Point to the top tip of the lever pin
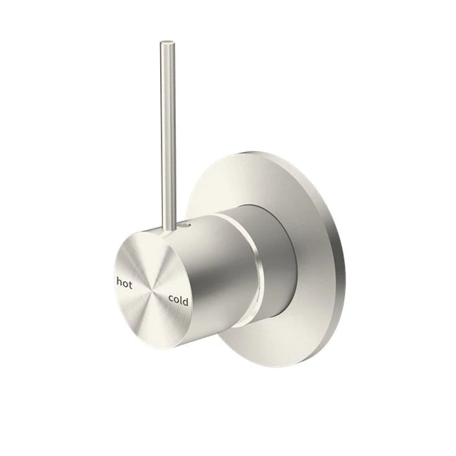pos(166,43)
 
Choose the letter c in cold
pos(171,298)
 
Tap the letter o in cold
pos(176,300)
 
